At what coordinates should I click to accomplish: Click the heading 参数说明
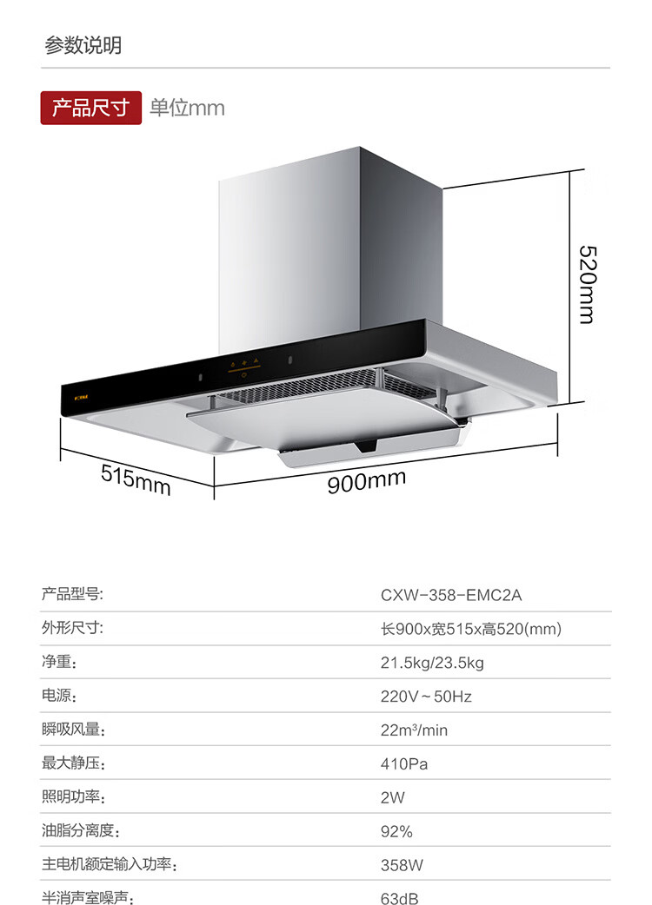tap(83, 45)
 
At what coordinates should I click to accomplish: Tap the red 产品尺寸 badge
tap(90, 108)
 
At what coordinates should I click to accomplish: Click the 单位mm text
tap(187, 108)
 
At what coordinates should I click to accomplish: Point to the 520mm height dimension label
tap(588, 283)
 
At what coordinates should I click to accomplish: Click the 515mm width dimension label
tap(136, 479)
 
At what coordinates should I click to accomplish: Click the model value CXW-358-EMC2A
tap(451, 595)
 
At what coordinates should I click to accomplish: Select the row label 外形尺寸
tap(72, 628)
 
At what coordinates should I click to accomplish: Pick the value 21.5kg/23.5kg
tap(431, 663)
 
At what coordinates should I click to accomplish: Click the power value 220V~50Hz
tap(426, 696)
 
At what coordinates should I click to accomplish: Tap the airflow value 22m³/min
tap(414, 730)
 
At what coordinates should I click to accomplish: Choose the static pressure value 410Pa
tap(404, 763)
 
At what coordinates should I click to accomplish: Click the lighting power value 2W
tap(393, 797)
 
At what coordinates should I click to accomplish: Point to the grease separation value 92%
tap(396, 831)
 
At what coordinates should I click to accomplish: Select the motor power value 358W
tap(401, 865)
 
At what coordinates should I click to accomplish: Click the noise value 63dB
tap(399, 898)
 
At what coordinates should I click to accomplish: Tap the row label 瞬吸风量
tap(73, 730)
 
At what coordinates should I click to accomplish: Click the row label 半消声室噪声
tap(87, 898)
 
